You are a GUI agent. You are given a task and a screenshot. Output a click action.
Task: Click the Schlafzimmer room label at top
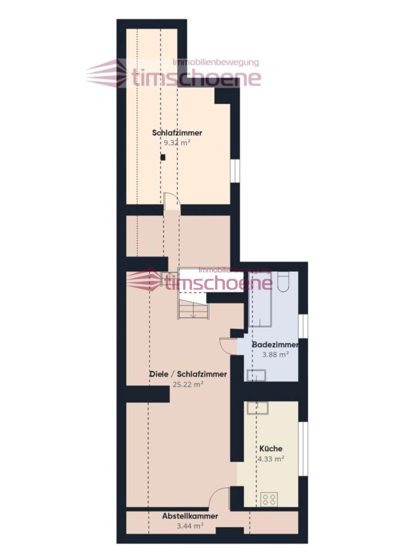click(177, 133)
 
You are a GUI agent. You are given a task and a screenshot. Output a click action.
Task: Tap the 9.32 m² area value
click(177, 143)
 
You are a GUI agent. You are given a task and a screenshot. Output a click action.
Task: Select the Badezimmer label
click(275, 345)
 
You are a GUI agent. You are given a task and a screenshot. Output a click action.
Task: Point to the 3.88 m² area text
click(275, 354)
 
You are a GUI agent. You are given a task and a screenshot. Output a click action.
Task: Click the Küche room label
click(271, 449)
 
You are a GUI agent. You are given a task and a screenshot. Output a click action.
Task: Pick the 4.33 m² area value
click(271, 459)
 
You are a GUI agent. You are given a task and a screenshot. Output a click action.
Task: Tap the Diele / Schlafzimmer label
click(188, 375)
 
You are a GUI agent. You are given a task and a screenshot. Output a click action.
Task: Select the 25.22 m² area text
click(188, 384)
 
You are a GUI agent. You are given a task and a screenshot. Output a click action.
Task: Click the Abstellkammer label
click(190, 516)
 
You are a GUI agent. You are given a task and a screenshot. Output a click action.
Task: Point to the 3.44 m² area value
click(190, 525)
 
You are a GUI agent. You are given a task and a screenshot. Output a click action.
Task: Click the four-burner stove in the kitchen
click(269, 499)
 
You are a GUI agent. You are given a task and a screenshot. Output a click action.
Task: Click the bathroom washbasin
click(257, 376)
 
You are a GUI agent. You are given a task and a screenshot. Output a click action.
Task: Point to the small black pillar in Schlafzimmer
click(163, 157)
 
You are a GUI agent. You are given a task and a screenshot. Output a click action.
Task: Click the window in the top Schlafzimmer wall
click(235, 171)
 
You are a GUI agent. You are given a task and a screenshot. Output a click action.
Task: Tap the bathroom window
click(303, 326)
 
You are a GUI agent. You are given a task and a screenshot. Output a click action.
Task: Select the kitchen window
click(303, 448)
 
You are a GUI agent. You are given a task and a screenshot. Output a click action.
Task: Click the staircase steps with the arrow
click(193, 309)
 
